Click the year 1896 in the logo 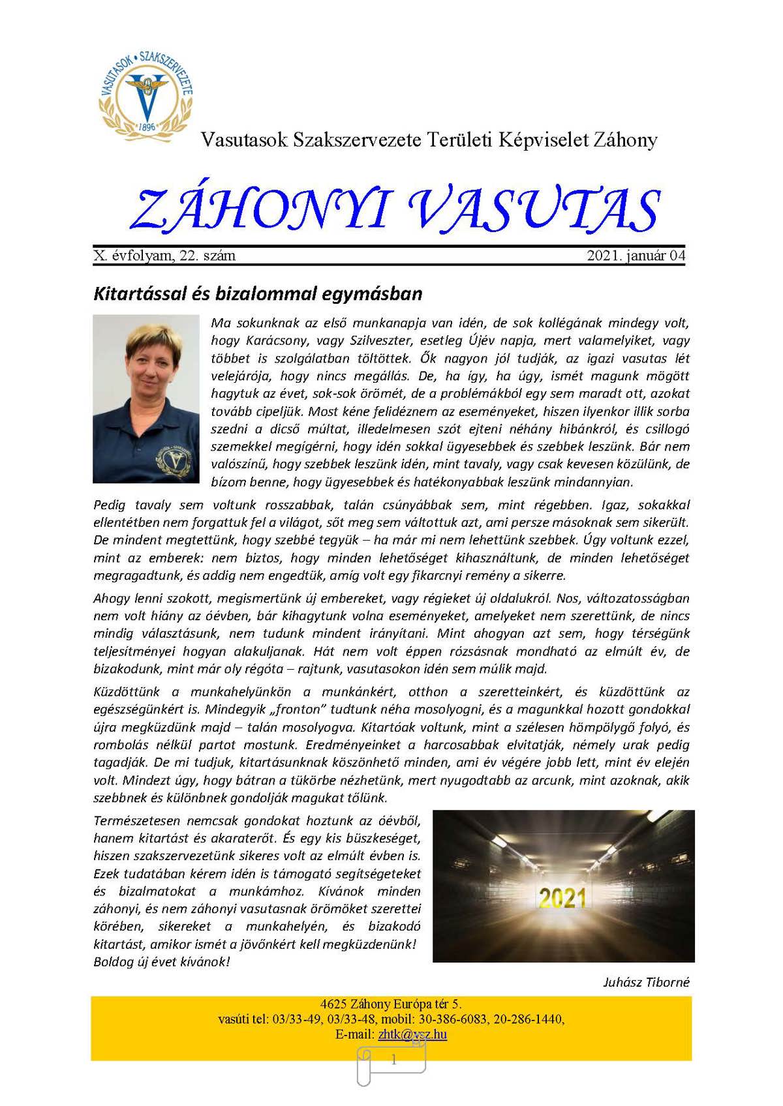(147, 126)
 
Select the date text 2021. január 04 (636, 256)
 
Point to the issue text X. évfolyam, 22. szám (164, 256)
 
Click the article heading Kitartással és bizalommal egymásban (258, 293)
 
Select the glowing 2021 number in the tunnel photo (562, 899)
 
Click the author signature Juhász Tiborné (645, 982)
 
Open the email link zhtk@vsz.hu (412, 1034)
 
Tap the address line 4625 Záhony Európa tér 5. (391, 1004)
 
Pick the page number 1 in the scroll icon (393, 1060)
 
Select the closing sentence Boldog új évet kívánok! (161, 962)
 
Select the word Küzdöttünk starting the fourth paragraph (127, 692)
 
